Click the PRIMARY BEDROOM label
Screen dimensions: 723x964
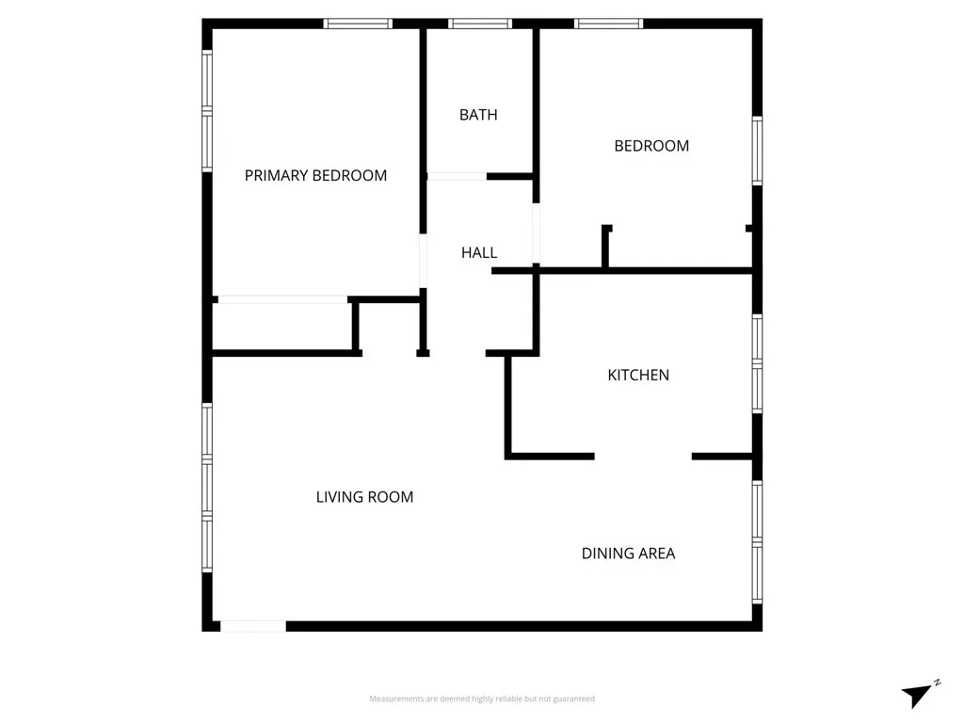tap(315, 176)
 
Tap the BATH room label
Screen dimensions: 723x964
tap(478, 115)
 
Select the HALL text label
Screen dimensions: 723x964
tap(479, 253)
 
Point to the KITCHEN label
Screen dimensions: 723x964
tap(638, 376)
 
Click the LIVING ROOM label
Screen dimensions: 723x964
tap(364, 497)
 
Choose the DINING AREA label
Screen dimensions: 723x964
tap(628, 554)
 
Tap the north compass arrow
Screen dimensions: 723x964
tap(918, 695)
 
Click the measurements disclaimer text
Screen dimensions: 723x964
tap(482, 699)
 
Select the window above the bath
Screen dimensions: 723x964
tap(480, 24)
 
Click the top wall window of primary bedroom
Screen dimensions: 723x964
tap(358, 24)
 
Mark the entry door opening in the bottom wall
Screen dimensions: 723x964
tap(253, 626)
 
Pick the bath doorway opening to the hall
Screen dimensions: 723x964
tap(458, 176)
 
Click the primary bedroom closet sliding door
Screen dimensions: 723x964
tap(282, 299)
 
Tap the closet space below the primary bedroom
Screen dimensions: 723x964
tap(281, 327)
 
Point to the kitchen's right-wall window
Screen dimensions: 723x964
tap(757, 363)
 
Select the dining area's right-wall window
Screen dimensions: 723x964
tap(757, 541)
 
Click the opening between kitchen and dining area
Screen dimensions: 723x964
tap(643, 457)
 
